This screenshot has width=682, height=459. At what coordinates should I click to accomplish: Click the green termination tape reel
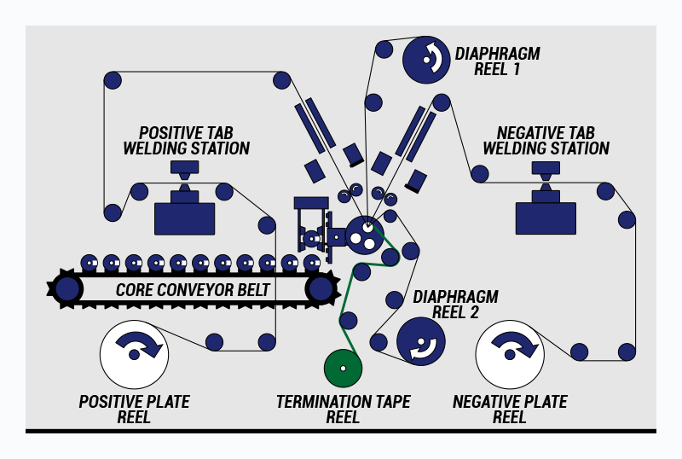[344, 368]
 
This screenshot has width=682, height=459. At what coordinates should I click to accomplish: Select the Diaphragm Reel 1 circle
[427, 59]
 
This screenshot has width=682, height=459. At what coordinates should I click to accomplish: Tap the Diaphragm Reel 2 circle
[420, 341]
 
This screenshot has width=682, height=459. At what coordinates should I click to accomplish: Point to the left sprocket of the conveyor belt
[66, 288]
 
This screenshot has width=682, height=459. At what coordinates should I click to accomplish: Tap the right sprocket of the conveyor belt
[320, 288]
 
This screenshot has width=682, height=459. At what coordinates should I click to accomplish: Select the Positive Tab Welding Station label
[187, 141]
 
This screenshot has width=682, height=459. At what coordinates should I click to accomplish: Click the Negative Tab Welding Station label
[546, 141]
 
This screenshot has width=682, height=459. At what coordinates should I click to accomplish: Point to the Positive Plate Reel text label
[134, 409]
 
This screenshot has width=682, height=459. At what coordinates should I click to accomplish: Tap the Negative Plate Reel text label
[510, 409]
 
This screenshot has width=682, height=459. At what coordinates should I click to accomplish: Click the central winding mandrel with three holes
[365, 235]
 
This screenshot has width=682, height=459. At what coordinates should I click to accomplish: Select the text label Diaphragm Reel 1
[497, 61]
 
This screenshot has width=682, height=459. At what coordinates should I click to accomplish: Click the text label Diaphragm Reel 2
[455, 305]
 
